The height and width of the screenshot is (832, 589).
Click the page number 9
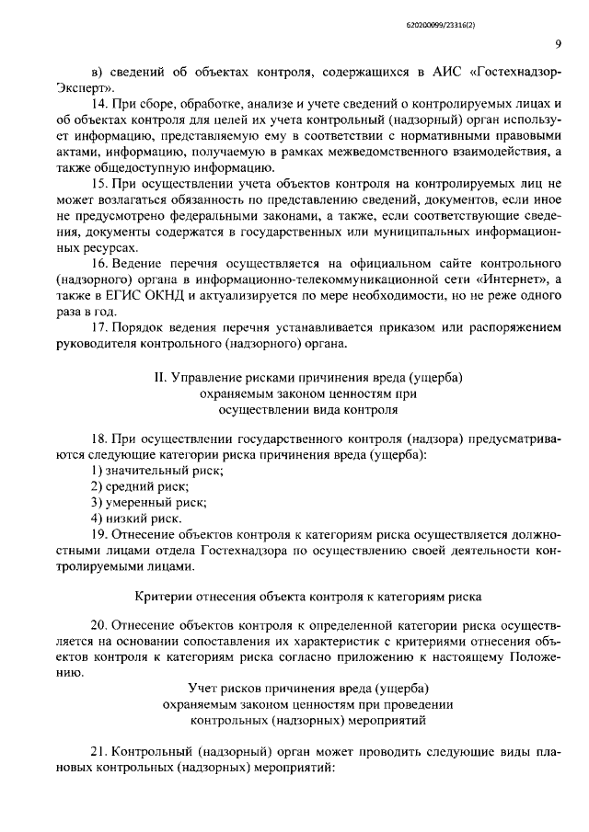[559, 44]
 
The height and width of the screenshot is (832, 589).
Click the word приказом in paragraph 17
[393, 327]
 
